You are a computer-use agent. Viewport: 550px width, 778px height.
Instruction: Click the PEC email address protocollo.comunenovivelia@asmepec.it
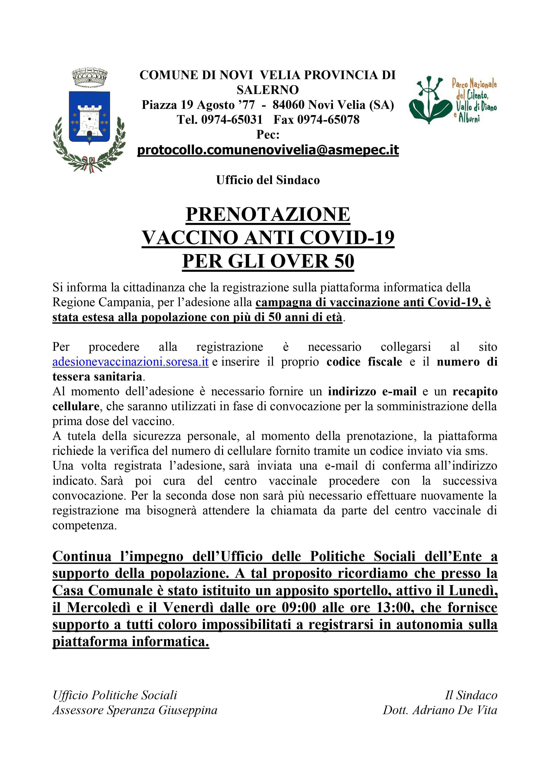pyautogui.click(x=268, y=150)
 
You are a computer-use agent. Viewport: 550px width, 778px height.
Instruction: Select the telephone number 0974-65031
pyautogui.click(x=232, y=120)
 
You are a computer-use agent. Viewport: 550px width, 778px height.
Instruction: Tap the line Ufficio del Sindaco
pyautogui.click(x=268, y=180)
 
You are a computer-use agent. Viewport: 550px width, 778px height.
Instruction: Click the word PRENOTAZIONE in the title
pyautogui.click(x=268, y=214)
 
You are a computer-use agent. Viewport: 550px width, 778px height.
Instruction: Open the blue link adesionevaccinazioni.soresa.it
pyautogui.click(x=130, y=362)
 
